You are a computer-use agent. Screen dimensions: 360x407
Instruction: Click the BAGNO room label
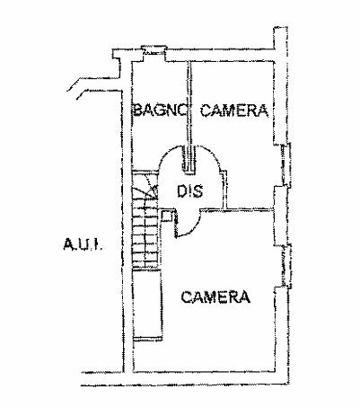click(x=161, y=110)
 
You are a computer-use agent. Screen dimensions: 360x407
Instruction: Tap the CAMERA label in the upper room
click(x=234, y=110)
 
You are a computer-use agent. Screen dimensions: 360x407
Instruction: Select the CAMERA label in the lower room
click(x=215, y=296)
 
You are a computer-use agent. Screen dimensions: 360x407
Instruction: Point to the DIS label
click(x=189, y=191)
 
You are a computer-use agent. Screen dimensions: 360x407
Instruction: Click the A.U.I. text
click(x=83, y=244)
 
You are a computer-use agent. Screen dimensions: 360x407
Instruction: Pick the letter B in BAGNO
click(x=137, y=110)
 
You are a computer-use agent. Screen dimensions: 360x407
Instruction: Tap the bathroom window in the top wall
click(x=154, y=51)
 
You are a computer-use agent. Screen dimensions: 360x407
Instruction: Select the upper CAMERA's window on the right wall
click(x=285, y=164)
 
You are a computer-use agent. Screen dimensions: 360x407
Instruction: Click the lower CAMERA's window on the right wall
click(x=285, y=266)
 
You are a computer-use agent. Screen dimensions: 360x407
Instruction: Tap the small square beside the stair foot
click(x=166, y=216)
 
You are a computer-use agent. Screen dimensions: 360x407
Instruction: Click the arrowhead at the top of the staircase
click(x=154, y=190)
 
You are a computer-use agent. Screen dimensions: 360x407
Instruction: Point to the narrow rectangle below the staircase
click(x=148, y=304)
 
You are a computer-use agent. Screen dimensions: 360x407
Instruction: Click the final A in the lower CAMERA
click(x=244, y=296)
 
